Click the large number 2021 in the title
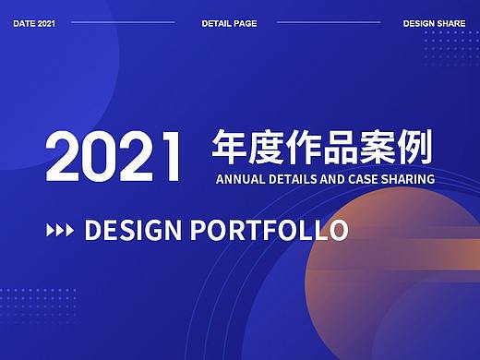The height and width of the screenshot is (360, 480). tap(114, 157)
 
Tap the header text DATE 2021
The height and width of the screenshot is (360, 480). tap(33, 22)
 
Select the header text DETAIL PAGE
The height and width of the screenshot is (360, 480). tap(229, 22)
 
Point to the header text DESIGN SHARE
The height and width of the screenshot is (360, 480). tap(434, 22)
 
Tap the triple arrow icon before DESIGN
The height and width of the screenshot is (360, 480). tap(60, 230)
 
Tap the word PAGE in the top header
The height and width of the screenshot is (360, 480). tap(244, 22)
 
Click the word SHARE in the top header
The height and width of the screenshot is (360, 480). tap(451, 22)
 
